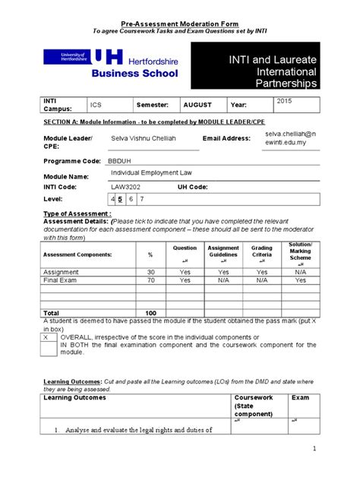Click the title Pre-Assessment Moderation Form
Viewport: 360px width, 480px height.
click(180, 24)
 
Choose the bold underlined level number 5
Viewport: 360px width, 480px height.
click(121, 199)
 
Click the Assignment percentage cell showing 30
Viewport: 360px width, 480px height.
click(150, 271)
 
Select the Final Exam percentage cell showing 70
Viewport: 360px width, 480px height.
click(150, 279)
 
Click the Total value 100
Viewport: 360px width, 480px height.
click(150, 313)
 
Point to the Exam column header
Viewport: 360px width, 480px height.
click(301, 397)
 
